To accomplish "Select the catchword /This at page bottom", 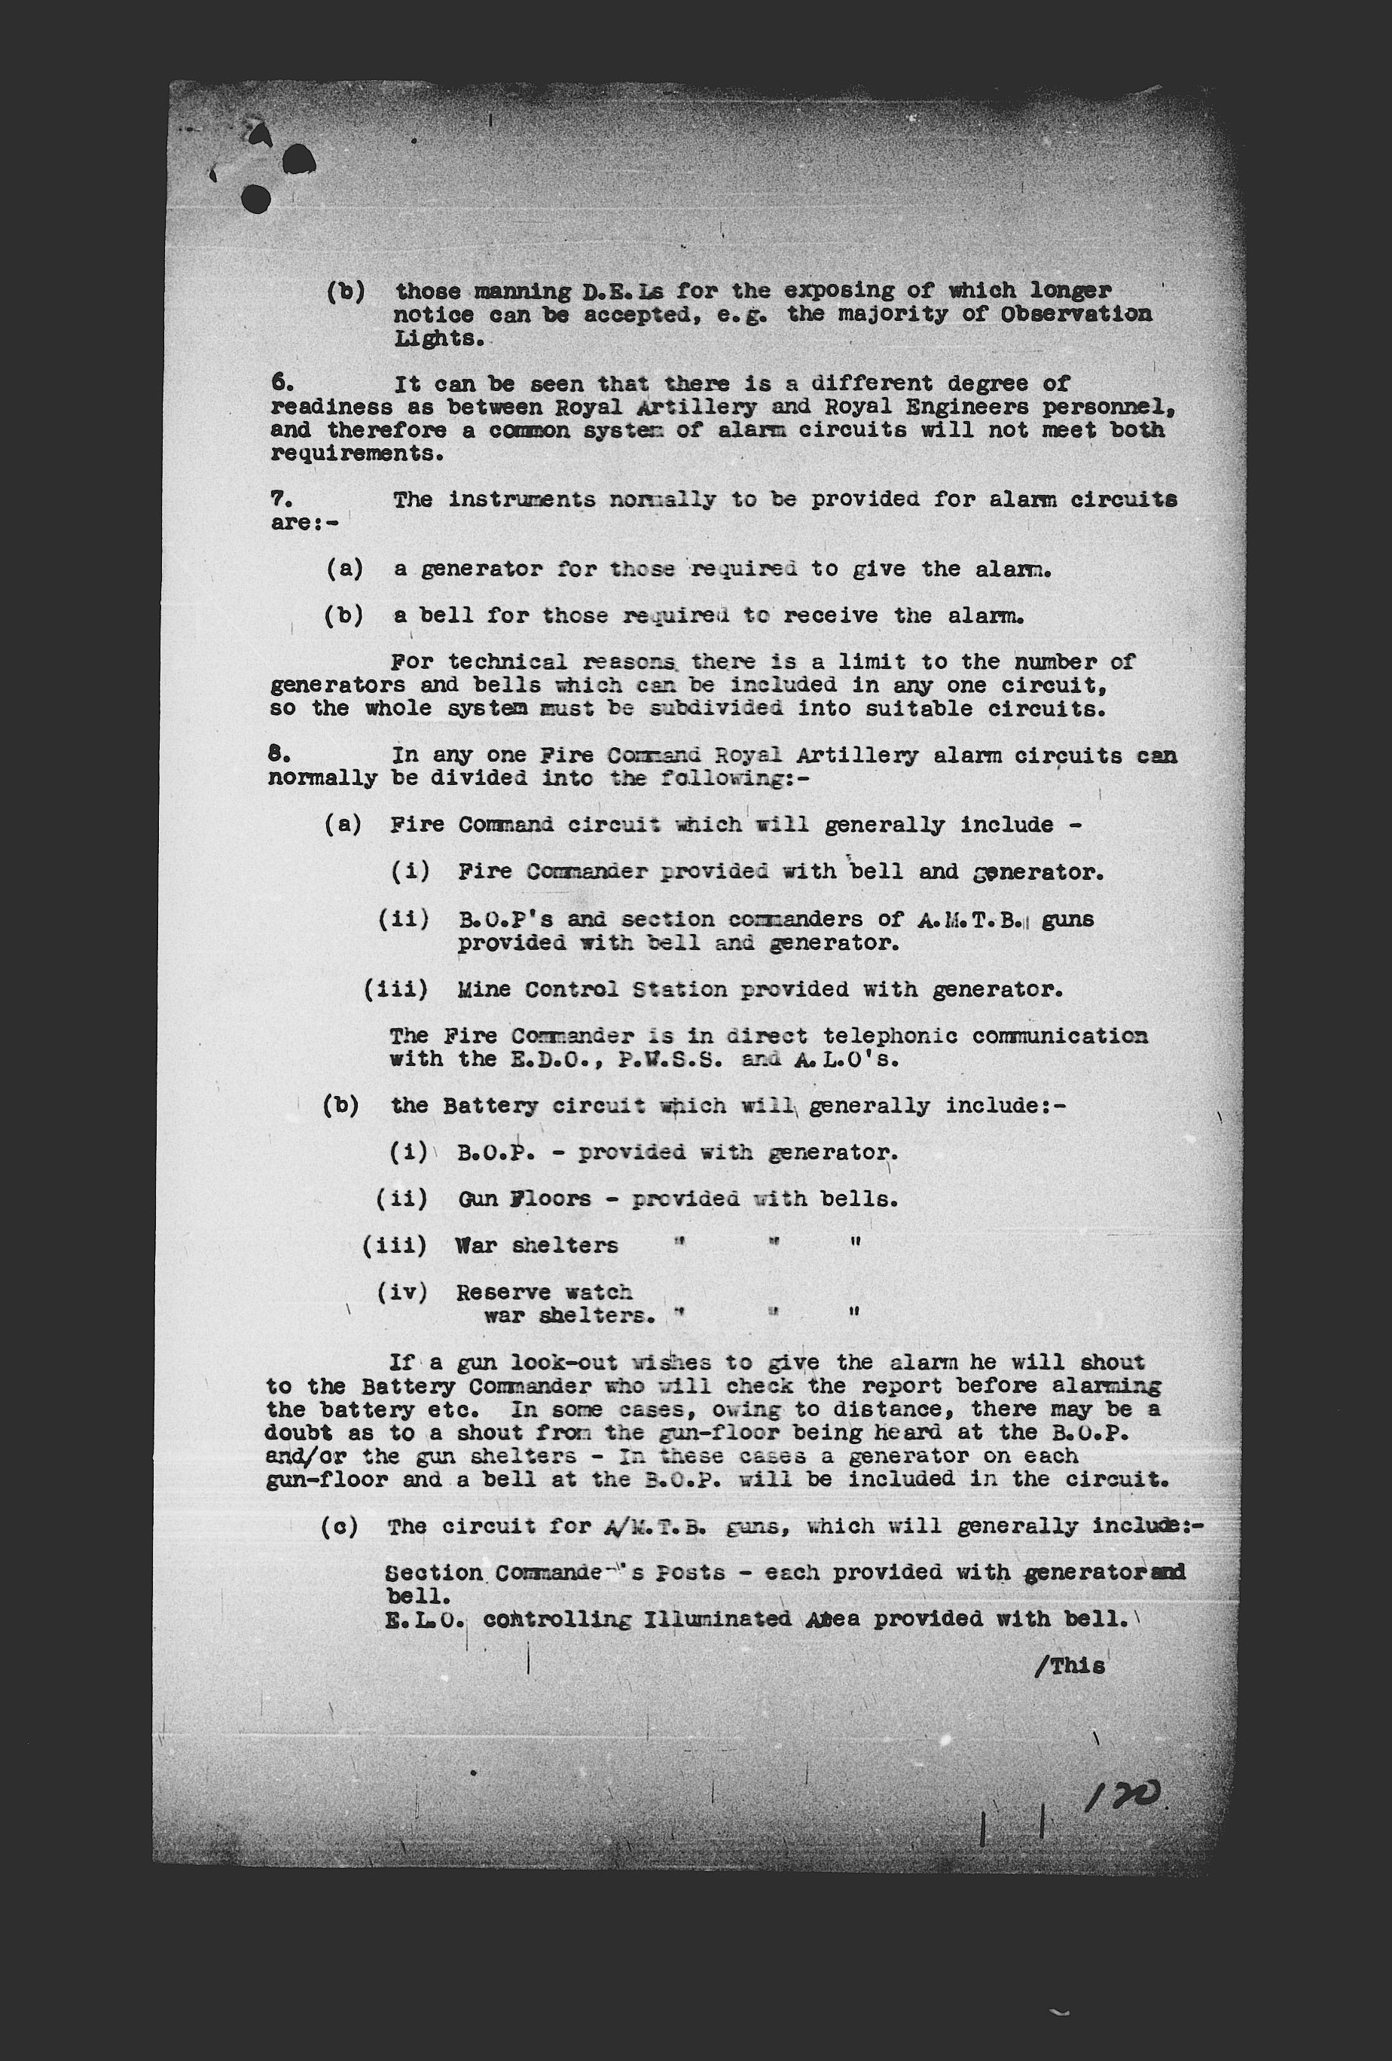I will pos(1070,1666).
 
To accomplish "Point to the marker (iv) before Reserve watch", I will pos(402,1292).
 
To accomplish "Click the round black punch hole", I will pos(256,199).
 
